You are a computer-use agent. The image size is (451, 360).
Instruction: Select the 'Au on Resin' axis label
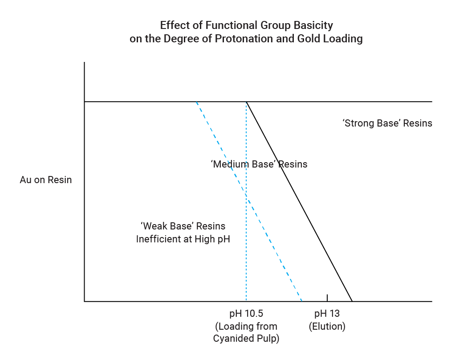(46, 180)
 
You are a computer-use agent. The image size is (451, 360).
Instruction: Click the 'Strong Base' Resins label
(387, 123)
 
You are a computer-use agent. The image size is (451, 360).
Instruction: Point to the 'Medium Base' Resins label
(259, 164)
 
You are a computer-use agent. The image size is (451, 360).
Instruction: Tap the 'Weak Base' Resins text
(183, 226)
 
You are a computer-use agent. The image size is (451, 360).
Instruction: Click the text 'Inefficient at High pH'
(183, 239)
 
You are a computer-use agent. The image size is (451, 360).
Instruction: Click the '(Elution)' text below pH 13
(327, 326)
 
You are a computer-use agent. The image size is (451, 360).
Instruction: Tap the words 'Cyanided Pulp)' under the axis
(246, 339)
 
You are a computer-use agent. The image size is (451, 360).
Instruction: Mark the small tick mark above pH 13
(327, 298)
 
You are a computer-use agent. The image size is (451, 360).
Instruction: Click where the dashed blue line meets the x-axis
(302, 301)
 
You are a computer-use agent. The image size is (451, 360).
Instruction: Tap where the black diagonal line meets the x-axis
(352, 301)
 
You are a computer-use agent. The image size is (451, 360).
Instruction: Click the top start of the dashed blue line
(196, 102)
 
